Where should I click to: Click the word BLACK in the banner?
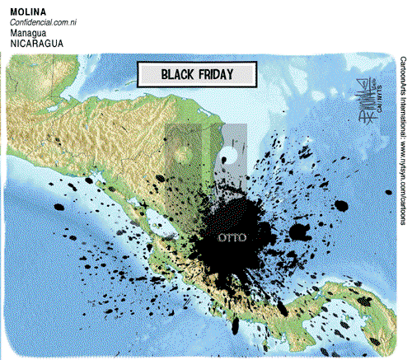[x=178, y=74]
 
